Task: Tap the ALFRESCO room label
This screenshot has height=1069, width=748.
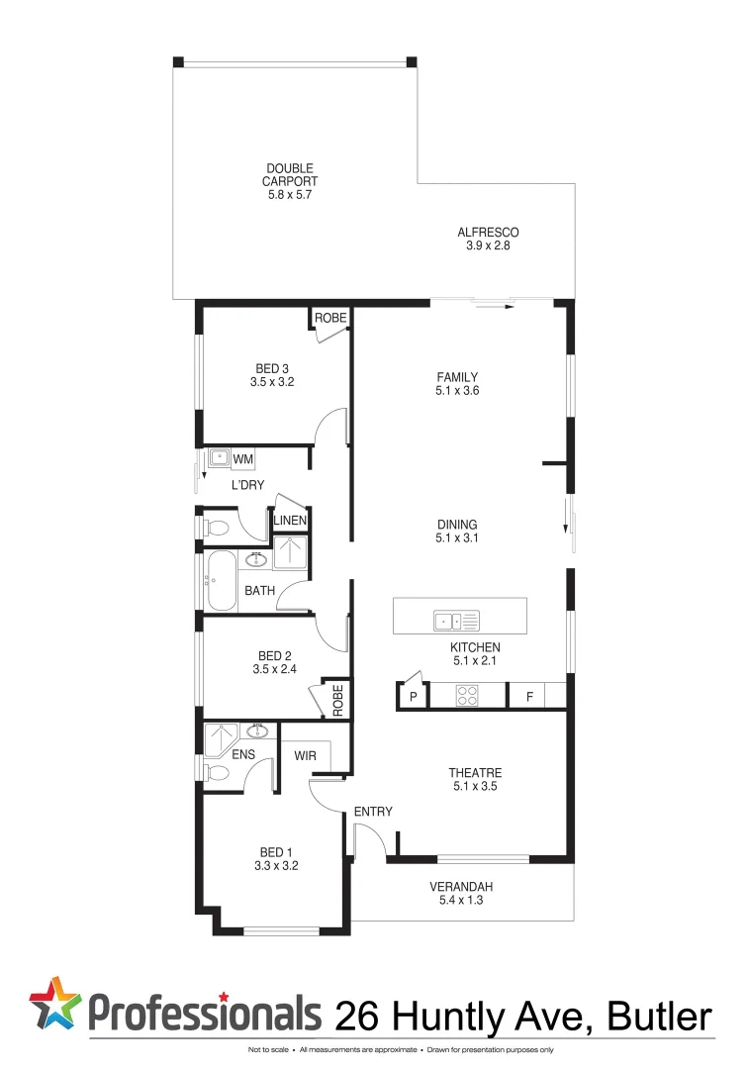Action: point(488,233)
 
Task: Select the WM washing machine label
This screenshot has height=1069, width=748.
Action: point(242,459)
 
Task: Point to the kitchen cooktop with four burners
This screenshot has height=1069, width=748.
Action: point(467,697)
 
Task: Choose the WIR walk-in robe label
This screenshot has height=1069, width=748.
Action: point(305,756)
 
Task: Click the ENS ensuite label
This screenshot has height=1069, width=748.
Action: point(244,754)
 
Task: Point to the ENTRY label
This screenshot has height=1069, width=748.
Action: point(373,812)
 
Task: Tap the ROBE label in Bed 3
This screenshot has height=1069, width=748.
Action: point(330,318)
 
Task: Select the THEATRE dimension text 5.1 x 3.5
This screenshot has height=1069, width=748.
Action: point(475,788)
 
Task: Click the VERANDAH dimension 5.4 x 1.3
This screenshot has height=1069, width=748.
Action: point(461,901)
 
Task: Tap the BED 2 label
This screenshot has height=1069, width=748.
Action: point(274,655)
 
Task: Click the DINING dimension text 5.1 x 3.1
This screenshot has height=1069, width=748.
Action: point(457,539)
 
